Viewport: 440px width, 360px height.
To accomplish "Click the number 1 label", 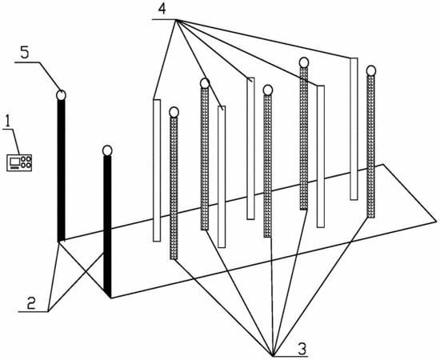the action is pos(9,122).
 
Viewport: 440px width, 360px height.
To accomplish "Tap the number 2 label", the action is pos(31,302).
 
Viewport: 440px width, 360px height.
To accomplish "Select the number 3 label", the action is pos(302,349).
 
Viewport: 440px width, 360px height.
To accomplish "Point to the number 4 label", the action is pos(162,9).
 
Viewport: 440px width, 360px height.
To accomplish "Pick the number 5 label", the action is pos(25,53).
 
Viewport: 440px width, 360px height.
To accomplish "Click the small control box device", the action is pos(19,162).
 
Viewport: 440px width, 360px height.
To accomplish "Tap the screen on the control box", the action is pos(14,162).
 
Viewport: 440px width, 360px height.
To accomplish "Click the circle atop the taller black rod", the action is pos(61,95).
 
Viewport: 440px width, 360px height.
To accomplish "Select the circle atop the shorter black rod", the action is pos(107,150).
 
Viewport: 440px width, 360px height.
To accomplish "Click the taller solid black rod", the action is pos(61,170).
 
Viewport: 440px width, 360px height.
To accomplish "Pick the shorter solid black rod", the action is pos(107,226).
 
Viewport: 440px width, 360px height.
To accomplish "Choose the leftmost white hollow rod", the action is pos(157,170).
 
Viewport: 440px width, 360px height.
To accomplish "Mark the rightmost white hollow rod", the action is pos(354,129).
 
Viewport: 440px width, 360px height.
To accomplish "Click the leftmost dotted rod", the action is pos(174,188).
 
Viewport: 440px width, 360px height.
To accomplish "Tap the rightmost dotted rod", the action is pos(371,146).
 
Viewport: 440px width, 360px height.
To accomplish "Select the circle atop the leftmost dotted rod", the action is pos(174,112).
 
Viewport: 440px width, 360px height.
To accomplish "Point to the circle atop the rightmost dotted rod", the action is pos(371,70).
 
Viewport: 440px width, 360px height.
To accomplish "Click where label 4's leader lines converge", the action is pos(176,19).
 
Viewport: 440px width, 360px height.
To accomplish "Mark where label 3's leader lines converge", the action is pos(273,356).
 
